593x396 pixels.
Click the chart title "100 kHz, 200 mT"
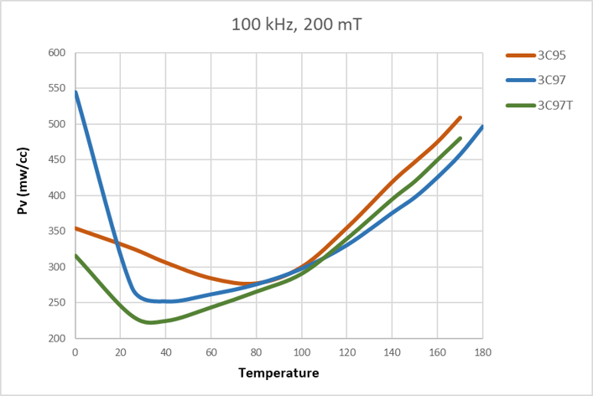pos(297,24)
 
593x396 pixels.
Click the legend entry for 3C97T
pos(554,105)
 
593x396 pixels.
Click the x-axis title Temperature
pos(278,373)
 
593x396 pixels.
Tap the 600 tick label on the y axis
pos(56,53)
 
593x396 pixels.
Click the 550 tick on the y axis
pos(56,89)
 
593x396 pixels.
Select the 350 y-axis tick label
pos(56,232)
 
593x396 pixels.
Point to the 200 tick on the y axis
pos(56,338)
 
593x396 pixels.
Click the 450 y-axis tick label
pos(56,160)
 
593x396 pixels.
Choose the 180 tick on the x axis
pos(482,352)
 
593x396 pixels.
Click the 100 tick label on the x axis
pos(301,352)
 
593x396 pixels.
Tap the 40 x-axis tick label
pos(166,352)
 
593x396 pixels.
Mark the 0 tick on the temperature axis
pos(75,352)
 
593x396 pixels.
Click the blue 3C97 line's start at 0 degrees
pos(76,91)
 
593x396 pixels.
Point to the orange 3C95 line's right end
pos(460,117)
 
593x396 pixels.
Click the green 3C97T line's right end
pos(460,138)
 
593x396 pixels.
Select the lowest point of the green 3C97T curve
pos(150,322)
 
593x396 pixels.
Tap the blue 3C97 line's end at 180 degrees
pos(482,127)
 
